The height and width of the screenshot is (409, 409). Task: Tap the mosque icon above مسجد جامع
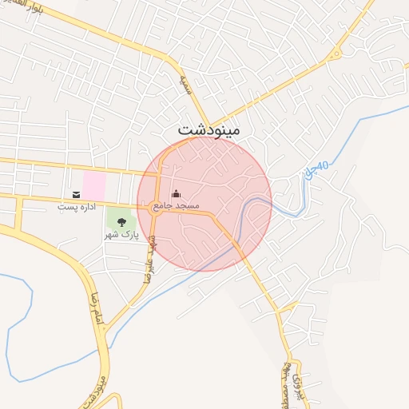click(176, 194)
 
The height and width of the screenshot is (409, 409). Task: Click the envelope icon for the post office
click(76, 194)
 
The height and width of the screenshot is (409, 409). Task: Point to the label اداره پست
click(76, 207)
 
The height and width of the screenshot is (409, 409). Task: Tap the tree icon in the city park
click(121, 222)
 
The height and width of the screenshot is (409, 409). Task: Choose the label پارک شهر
click(121, 236)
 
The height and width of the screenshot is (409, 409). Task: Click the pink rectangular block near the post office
click(93, 185)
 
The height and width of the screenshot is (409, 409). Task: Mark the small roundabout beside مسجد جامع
click(154, 210)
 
